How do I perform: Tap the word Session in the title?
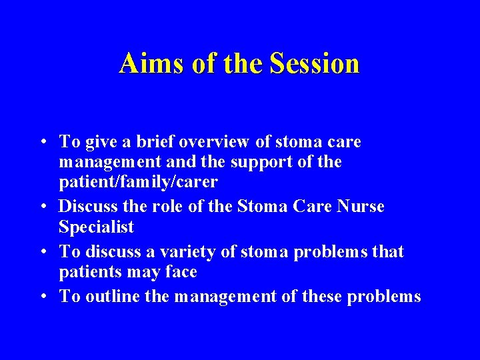pyautogui.click(x=315, y=64)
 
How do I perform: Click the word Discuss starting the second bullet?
pyautogui.click(x=89, y=206)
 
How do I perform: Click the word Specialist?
pyautogui.click(x=96, y=227)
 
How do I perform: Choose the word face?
pyautogui.click(x=181, y=273)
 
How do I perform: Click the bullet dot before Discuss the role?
pyautogui.click(x=43, y=207)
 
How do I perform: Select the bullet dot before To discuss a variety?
pyautogui.click(x=43, y=253)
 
